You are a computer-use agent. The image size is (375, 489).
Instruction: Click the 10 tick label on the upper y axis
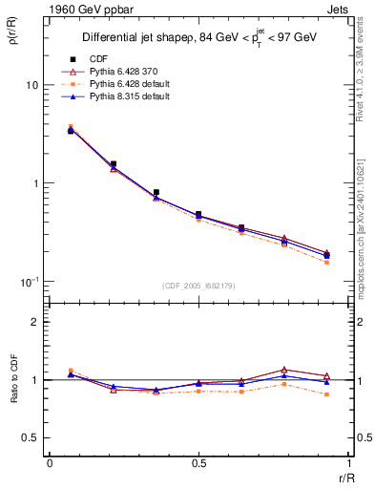point(31,85)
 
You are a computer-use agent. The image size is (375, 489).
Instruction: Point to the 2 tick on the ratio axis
point(34,322)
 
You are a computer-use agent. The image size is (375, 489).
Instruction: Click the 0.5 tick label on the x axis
point(198,462)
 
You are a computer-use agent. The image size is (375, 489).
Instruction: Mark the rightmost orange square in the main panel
point(326,262)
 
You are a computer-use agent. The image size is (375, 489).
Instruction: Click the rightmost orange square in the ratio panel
point(326,394)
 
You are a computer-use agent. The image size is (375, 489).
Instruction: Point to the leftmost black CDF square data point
point(71,131)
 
